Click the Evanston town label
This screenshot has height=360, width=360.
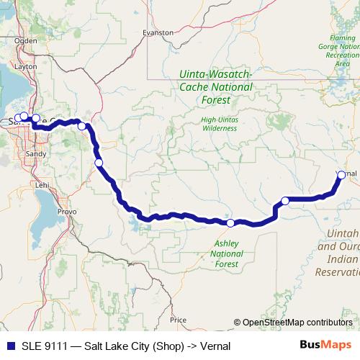158,32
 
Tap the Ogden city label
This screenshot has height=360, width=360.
25,40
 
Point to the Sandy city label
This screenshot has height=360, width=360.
35,153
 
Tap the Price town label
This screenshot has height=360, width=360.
178,319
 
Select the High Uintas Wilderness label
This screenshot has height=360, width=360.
220,123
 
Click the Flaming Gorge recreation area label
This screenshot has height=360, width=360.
343,48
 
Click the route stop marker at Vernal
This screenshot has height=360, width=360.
341,174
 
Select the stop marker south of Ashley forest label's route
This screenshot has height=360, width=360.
230,223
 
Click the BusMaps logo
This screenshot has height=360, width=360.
330,346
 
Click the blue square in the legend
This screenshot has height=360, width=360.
8,346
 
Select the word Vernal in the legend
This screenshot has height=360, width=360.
215,346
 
